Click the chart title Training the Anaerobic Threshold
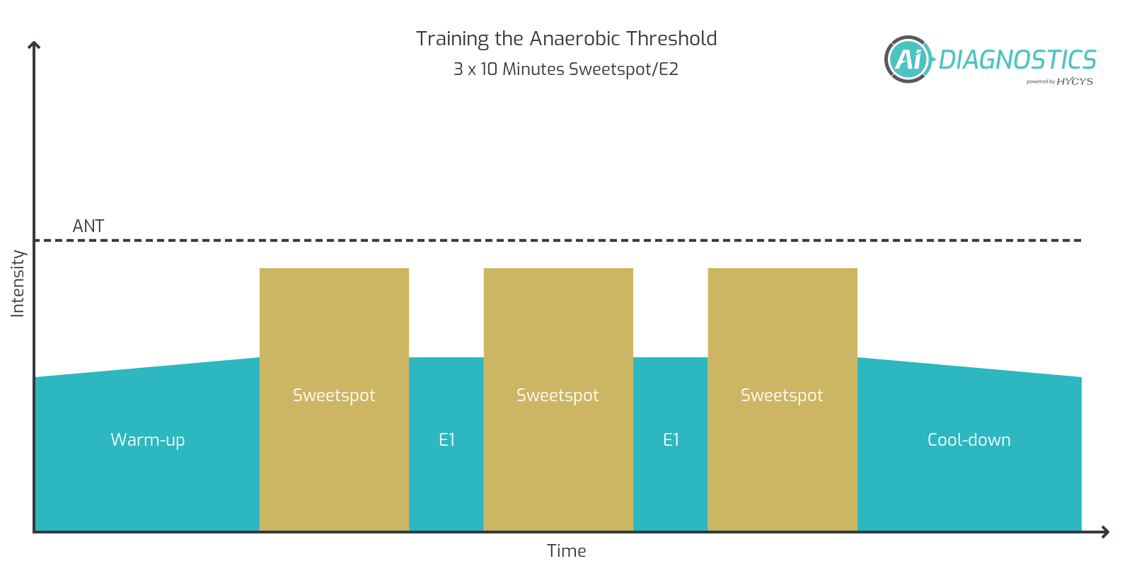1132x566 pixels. click(566, 38)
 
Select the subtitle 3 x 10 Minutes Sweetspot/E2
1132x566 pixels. click(566, 69)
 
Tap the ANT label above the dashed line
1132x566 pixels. click(88, 226)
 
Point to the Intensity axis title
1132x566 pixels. click(18, 284)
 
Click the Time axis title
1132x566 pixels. click(566, 550)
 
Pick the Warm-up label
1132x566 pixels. click(148, 439)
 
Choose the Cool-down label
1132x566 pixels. click(969, 439)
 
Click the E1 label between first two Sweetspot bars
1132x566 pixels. click(446, 439)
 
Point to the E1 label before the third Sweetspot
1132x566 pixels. click(671, 439)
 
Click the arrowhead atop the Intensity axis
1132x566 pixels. click(34, 45)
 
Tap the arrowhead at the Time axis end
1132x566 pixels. click(1104, 532)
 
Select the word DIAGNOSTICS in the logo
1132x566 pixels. click(1017, 60)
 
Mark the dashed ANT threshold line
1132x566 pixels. click(566, 241)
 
